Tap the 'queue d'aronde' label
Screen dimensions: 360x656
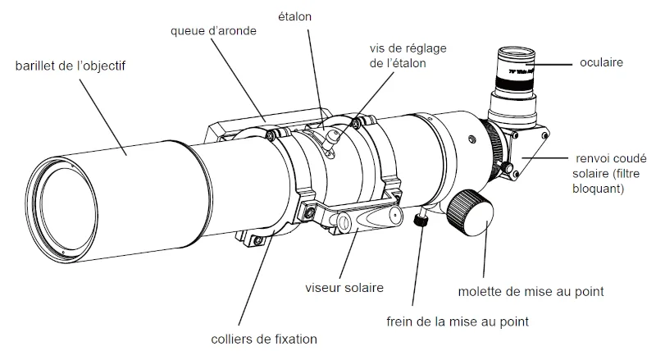coord(216,31)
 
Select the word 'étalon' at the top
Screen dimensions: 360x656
coord(295,16)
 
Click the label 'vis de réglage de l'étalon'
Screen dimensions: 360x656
coord(397,55)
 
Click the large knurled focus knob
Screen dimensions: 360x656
coord(473,215)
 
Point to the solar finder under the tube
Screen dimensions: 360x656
coord(361,220)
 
